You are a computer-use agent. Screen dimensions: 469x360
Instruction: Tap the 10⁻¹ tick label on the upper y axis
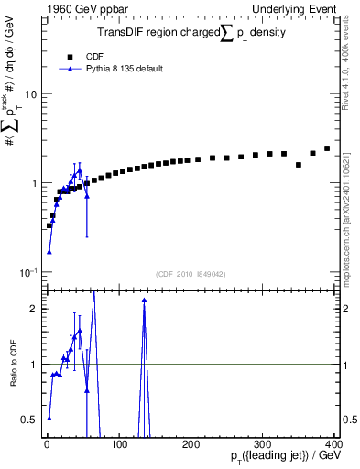pos(27,273)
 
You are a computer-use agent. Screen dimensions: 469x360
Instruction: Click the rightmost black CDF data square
pos(327,148)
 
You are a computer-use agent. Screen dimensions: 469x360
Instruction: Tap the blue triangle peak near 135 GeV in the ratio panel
pos(144,300)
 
